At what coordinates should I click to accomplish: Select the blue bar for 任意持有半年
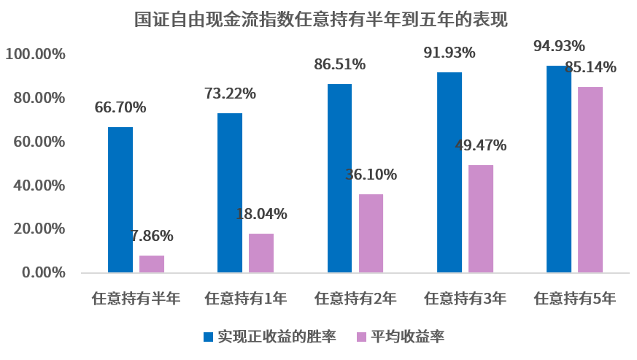120,199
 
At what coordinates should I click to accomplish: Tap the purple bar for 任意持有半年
152,264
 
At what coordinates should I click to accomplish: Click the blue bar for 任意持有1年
230,193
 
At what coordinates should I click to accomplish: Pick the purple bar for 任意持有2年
371,233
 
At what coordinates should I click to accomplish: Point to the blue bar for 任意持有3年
449,172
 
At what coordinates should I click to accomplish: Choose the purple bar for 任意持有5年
590,180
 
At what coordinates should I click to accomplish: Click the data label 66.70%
120,108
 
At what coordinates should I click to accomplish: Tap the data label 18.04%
261,214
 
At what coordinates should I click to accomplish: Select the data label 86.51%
339,64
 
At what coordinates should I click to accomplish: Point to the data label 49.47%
480,145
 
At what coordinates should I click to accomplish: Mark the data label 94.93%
559,47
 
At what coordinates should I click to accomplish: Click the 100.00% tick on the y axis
36,55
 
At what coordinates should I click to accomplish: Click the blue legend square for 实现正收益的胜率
209,337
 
